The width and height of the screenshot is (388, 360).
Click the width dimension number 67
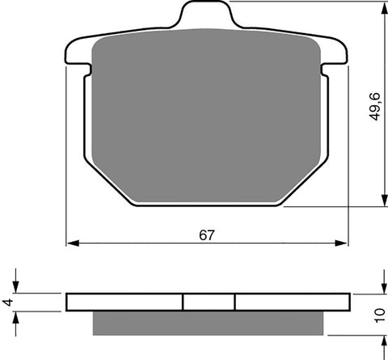[x=208, y=235]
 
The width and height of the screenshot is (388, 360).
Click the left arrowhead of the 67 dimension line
[x=70, y=242]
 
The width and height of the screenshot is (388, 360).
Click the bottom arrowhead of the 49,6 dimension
[x=382, y=203]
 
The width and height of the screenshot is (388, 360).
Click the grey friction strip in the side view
[x=208, y=322]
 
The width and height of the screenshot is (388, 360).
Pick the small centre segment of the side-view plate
[x=209, y=301]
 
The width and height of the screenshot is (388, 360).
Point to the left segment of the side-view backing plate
[x=125, y=301]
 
